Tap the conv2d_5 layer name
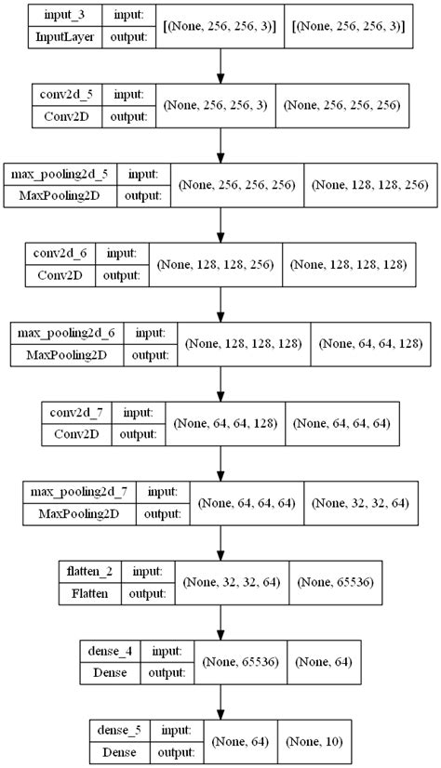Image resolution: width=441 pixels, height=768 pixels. point(63,94)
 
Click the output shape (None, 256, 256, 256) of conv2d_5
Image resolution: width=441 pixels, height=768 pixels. point(343,106)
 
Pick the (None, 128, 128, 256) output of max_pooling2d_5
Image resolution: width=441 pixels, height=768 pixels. point(371,185)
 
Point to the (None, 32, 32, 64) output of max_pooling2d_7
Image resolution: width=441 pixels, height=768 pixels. point(357,502)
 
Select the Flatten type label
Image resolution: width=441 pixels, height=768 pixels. point(93,592)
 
